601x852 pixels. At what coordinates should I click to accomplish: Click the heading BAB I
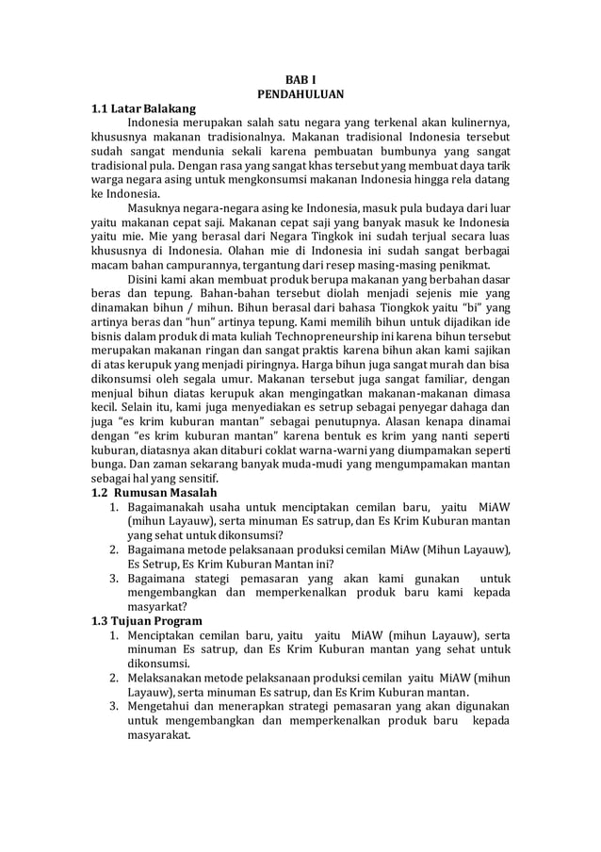(300, 79)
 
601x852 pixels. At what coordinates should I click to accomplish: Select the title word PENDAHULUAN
(300, 94)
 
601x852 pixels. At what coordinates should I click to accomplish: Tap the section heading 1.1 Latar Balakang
(142, 109)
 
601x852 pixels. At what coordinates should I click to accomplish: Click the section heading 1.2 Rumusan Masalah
(154, 492)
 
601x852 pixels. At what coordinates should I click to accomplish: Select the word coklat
(286, 462)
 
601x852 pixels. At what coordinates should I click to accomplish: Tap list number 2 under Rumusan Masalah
(110, 549)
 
